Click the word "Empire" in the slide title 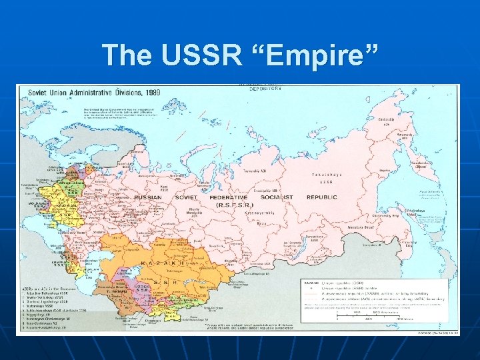click(323, 55)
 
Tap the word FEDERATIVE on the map click(227, 197)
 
